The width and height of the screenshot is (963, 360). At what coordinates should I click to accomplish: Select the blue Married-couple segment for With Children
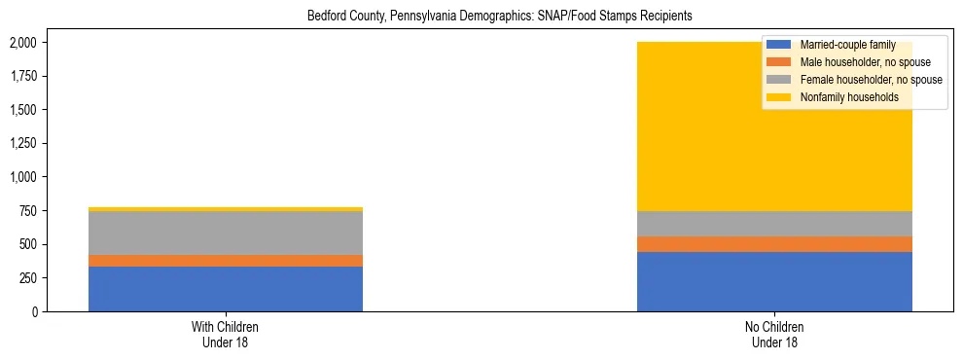click(x=226, y=289)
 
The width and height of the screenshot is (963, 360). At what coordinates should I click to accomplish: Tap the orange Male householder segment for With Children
click(x=226, y=261)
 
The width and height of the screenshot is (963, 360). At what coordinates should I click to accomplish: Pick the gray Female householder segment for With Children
click(x=226, y=234)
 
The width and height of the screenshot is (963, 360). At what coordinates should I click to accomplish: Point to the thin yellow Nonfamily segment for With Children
click(x=226, y=209)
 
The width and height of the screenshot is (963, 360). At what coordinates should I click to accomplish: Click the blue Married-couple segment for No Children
click(x=774, y=282)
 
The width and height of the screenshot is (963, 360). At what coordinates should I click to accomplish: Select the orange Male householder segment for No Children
click(x=774, y=244)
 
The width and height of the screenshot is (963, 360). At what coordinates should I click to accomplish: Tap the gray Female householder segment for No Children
click(x=774, y=224)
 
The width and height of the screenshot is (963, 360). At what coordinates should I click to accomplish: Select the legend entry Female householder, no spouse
click(x=868, y=80)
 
